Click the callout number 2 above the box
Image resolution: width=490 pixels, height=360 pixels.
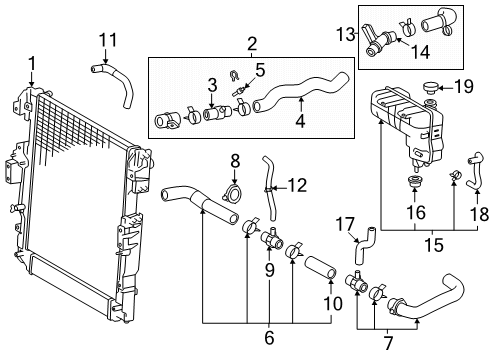pos(252,43)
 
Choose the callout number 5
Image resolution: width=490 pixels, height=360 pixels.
pos(259,70)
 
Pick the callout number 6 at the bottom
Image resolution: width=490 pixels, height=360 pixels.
pos(269,338)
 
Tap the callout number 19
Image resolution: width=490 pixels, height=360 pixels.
pos(465,86)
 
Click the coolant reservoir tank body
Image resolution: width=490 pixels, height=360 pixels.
pos(405,120)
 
